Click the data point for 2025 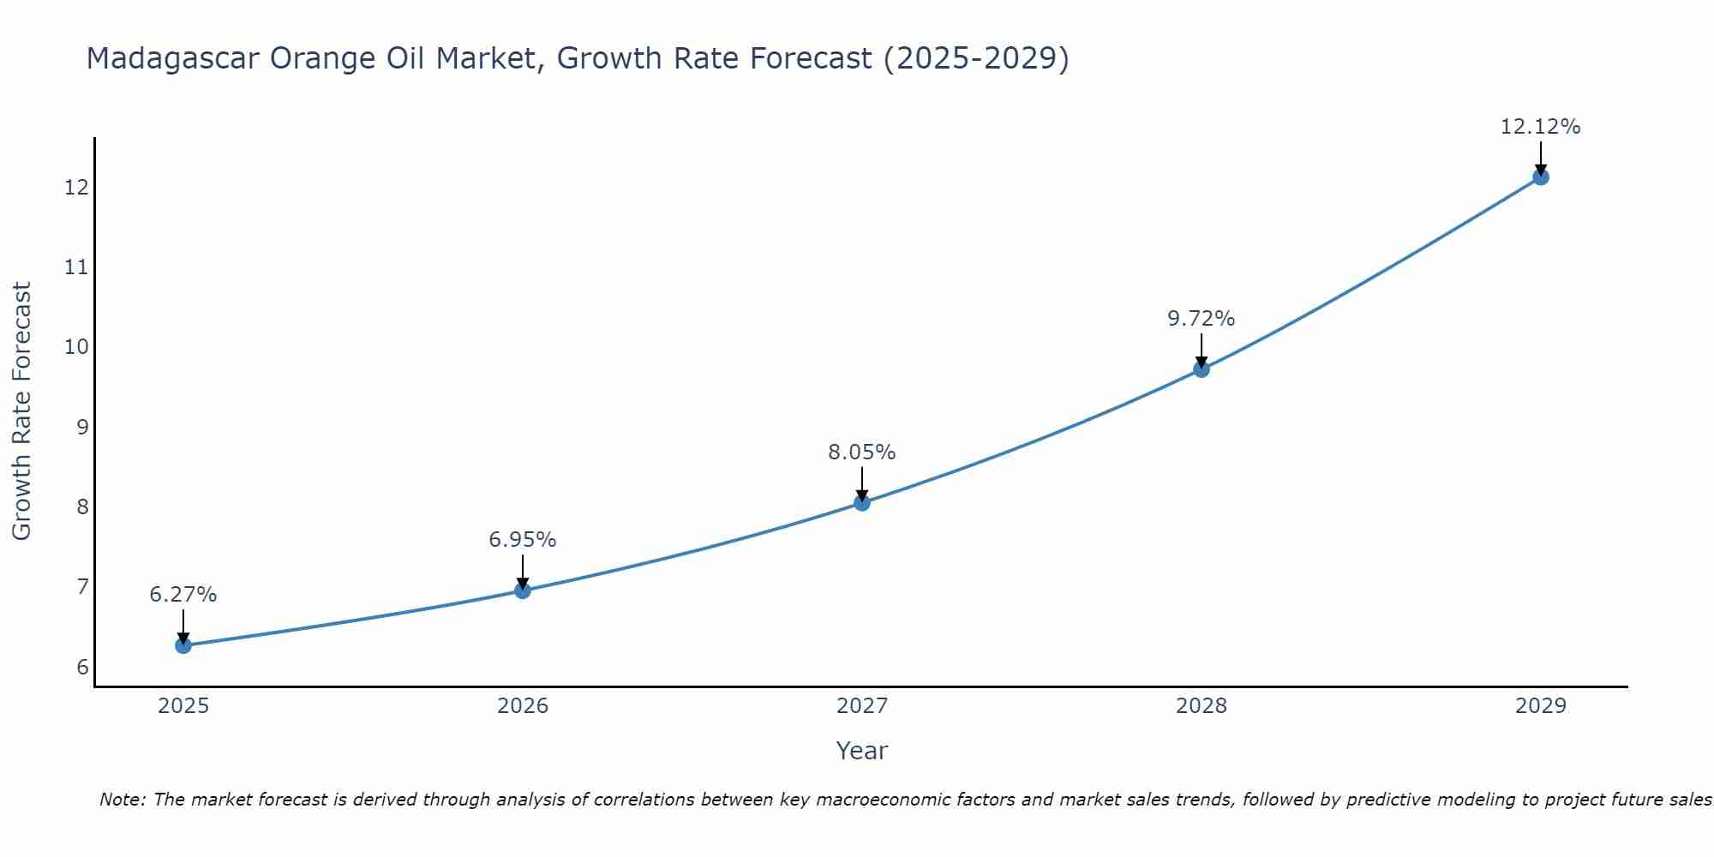tap(183, 645)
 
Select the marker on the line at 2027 tap(862, 503)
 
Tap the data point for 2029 tap(1540, 177)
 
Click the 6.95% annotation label tap(523, 540)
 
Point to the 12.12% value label tap(1540, 127)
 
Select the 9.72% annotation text tap(1201, 319)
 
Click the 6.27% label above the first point tap(183, 595)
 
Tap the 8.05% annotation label tap(862, 452)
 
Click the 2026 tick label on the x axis tap(523, 706)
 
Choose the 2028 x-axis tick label tap(1201, 706)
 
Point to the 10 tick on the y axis tap(77, 347)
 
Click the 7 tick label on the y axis tap(82, 587)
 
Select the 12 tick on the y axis tap(77, 187)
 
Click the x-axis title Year tap(862, 751)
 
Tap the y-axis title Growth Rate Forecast tap(22, 411)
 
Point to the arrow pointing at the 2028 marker tap(1201, 351)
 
